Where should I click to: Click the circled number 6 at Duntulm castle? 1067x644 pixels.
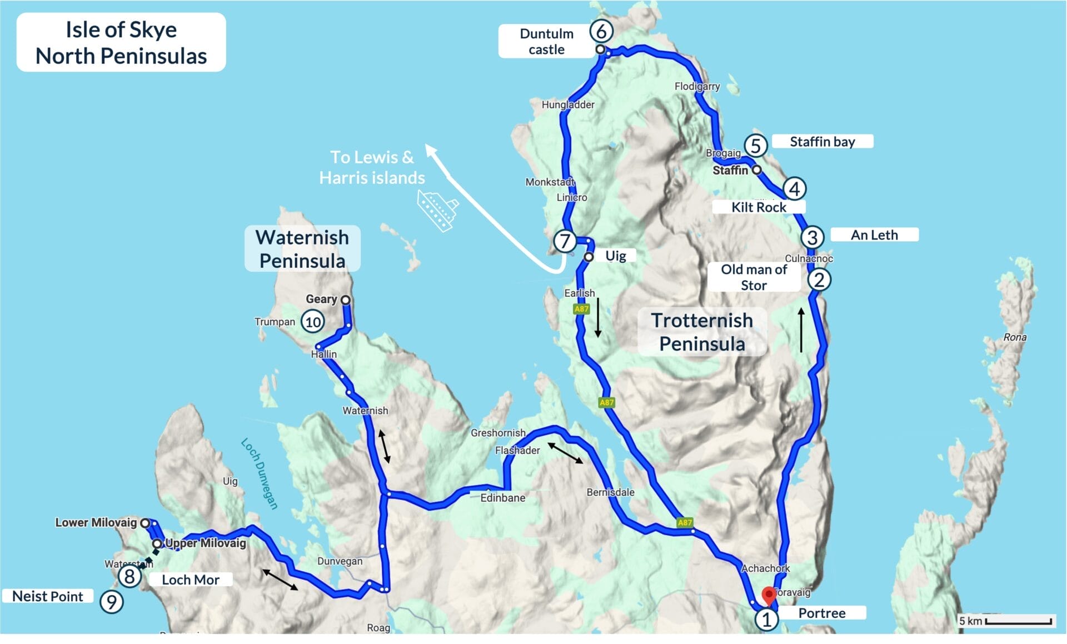(x=601, y=31)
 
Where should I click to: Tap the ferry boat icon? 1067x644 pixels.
(x=438, y=211)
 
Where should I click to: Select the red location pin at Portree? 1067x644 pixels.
(x=769, y=595)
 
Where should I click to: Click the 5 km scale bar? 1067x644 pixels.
(x=1019, y=621)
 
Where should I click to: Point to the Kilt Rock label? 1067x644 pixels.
(x=759, y=207)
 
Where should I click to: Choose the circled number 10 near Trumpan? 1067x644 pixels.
(x=313, y=322)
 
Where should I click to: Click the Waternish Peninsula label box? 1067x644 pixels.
(x=302, y=249)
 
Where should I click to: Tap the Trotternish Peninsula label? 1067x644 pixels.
(x=702, y=332)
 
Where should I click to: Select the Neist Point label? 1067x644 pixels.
(x=48, y=596)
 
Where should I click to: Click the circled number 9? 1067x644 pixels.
(x=112, y=602)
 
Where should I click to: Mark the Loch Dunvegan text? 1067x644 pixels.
(x=259, y=473)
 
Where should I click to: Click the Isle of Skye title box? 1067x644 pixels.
(x=121, y=43)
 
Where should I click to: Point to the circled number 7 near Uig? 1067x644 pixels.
(x=565, y=241)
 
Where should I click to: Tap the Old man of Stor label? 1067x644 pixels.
(x=754, y=277)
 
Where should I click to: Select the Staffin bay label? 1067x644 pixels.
(x=822, y=142)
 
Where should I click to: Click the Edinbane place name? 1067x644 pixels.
(x=502, y=498)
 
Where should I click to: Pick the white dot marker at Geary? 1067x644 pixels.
(x=345, y=300)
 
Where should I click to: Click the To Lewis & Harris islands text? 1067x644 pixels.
(x=372, y=167)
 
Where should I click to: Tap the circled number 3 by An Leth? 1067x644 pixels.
(x=812, y=237)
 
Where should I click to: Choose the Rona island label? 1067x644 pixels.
(x=1015, y=337)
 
